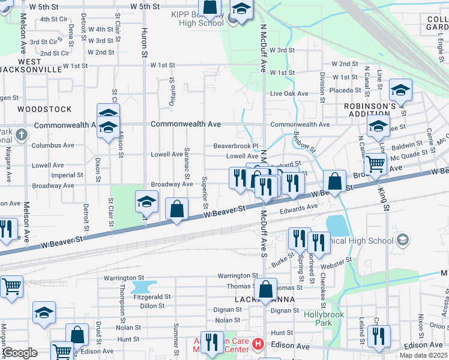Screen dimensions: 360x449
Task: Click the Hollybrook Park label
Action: (x=318, y=318)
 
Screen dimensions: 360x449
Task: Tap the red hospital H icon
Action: (x=258, y=344)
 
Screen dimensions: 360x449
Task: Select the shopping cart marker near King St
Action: (x=375, y=163)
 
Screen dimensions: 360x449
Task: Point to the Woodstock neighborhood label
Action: (x=44, y=109)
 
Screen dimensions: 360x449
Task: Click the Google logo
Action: (x=19, y=353)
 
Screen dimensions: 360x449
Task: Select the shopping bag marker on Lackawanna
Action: (x=265, y=289)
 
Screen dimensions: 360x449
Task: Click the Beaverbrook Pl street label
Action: (x=235, y=146)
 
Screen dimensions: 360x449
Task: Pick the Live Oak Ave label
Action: (x=289, y=94)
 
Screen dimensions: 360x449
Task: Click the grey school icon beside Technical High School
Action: (x=403, y=241)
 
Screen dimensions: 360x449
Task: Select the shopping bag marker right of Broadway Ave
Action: (x=176, y=210)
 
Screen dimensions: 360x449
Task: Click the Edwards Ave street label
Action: (x=298, y=207)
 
